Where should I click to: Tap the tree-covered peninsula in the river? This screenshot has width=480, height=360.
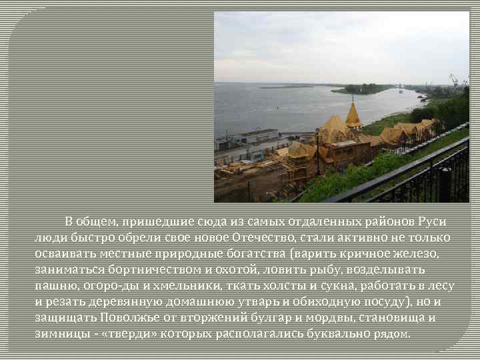(363, 89)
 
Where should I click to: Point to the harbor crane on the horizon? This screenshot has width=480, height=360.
(455, 81)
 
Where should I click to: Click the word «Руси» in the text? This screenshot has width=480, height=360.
(431, 221)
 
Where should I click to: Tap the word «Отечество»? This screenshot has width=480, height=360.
(265, 237)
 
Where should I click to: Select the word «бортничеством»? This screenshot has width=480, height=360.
(141, 269)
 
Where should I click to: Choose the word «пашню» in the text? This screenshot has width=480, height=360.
(56, 285)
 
